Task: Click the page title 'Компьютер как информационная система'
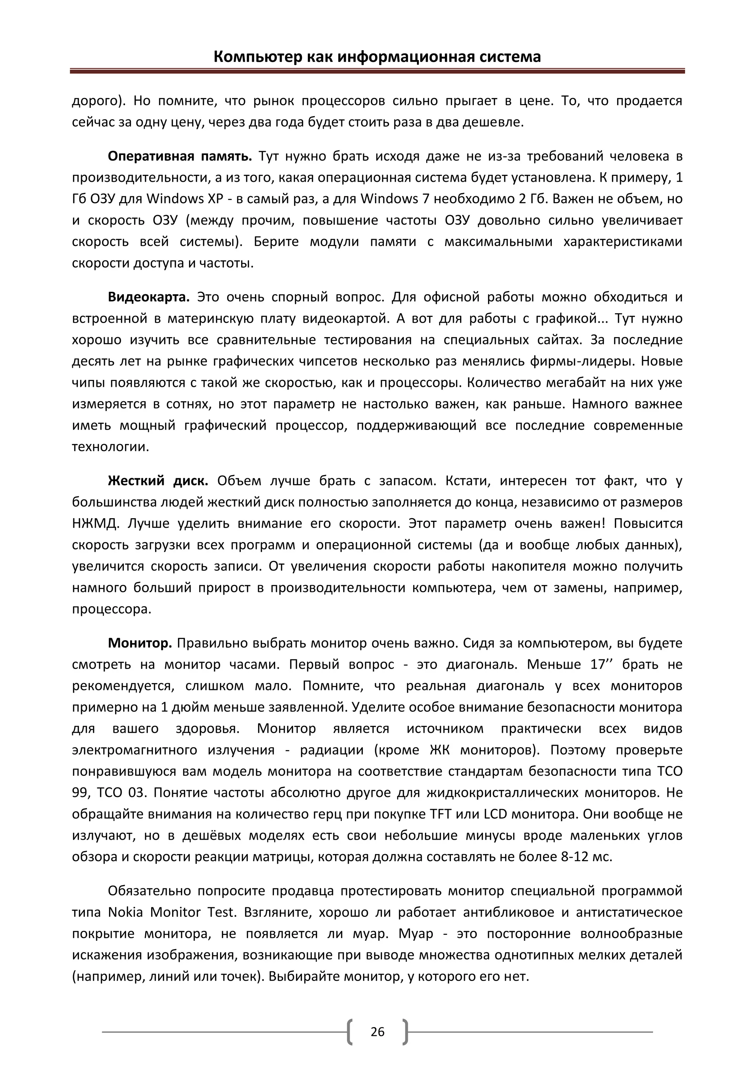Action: tap(377, 57)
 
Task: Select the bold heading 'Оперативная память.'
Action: tap(180, 156)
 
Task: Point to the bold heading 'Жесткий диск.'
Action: tap(158, 481)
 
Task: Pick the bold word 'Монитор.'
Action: tap(140, 643)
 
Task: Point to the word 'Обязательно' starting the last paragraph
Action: tap(149, 891)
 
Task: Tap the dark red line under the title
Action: tap(377, 72)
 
